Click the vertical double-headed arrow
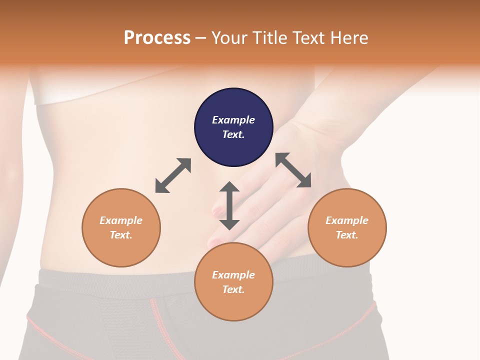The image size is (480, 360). (x=229, y=205)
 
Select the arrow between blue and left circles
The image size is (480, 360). (x=173, y=175)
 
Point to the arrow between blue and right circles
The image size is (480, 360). (x=293, y=170)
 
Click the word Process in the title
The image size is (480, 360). (x=157, y=38)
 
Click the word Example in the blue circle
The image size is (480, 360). (x=233, y=120)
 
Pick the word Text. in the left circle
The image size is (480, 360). (x=121, y=235)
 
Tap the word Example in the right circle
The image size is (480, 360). (x=347, y=220)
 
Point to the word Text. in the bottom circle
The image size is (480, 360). (x=233, y=289)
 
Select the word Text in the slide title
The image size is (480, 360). (x=308, y=38)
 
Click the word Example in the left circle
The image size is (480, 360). (x=121, y=220)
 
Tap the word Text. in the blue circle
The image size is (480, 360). (x=233, y=134)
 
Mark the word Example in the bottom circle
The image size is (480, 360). (x=233, y=275)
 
